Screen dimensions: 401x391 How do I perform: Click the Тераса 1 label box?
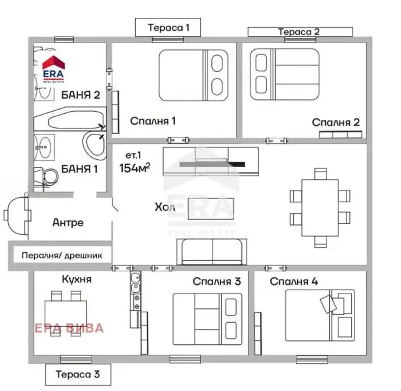(x=168, y=27)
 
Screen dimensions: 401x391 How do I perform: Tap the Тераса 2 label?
(x=299, y=32)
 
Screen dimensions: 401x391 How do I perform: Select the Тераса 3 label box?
(x=78, y=375)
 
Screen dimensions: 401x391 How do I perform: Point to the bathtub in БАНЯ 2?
(x=70, y=119)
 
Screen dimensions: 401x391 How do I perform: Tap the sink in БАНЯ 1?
(x=44, y=148)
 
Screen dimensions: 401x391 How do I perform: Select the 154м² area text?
(x=135, y=168)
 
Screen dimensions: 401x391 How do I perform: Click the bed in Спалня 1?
(x=193, y=75)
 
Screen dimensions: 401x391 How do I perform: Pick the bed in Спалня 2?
(x=285, y=74)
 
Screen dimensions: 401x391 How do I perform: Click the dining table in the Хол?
(x=320, y=208)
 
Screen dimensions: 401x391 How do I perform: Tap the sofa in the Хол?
(x=212, y=252)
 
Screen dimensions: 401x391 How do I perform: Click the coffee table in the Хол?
(x=211, y=209)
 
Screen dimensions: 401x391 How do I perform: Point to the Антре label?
(x=68, y=223)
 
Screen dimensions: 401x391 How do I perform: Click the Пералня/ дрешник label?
(x=62, y=255)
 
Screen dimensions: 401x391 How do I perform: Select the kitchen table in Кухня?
(x=66, y=313)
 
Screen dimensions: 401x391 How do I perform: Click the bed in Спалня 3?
(x=207, y=319)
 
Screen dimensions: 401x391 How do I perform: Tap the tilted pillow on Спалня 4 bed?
(x=328, y=304)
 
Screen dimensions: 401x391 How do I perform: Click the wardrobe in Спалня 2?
(x=341, y=135)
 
